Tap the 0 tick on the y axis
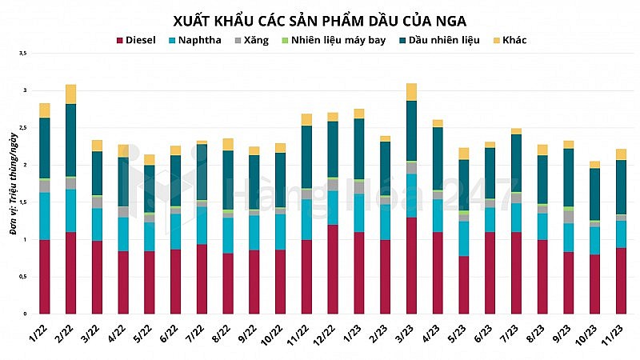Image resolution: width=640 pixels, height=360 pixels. point(25,314)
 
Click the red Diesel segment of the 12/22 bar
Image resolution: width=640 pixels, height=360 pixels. point(333,269)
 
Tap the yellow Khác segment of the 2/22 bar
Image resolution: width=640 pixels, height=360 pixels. point(70,94)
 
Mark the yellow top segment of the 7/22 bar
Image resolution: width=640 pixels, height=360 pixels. point(202,142)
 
